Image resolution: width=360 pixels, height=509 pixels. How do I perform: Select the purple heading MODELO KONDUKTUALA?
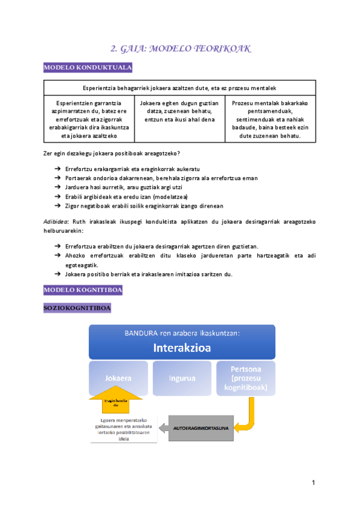[x=88, y=68]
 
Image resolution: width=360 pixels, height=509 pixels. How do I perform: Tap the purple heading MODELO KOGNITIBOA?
[x=83, y=291]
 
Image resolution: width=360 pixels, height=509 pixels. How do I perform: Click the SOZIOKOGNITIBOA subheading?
[x=77, y=309]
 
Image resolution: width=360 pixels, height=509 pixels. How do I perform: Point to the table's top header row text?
[x=179, y=88]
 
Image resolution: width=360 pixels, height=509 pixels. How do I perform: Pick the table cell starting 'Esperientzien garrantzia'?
[x=88, y=119]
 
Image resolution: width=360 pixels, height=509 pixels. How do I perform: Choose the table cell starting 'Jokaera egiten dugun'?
[x=179, y=111]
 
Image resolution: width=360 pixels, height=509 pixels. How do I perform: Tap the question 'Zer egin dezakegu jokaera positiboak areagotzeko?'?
[x=112, y=154]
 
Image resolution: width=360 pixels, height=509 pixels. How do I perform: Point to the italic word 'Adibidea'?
[x=55, y=220]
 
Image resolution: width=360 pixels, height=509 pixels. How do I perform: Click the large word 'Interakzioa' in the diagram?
[x=182, y=347]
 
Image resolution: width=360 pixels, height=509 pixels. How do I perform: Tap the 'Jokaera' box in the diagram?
[x=118, y=379]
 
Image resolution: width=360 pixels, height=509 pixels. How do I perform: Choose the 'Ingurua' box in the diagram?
[x=182, y=379]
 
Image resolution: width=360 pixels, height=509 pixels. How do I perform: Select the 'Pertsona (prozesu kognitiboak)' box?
[x=245, y=379]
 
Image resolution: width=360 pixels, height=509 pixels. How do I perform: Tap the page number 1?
[x=313, y=483]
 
